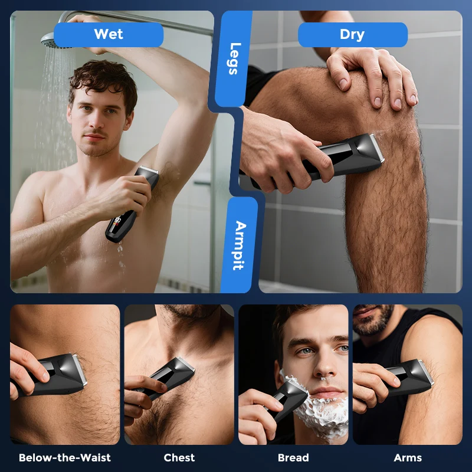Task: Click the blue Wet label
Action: point(109,34)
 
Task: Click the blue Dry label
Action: point(352,34)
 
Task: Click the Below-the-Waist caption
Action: point(64,457)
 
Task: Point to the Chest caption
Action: point(179,457)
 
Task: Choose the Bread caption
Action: point(293,457)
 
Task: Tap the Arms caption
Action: point(408,457)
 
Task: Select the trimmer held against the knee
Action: point(330,159)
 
